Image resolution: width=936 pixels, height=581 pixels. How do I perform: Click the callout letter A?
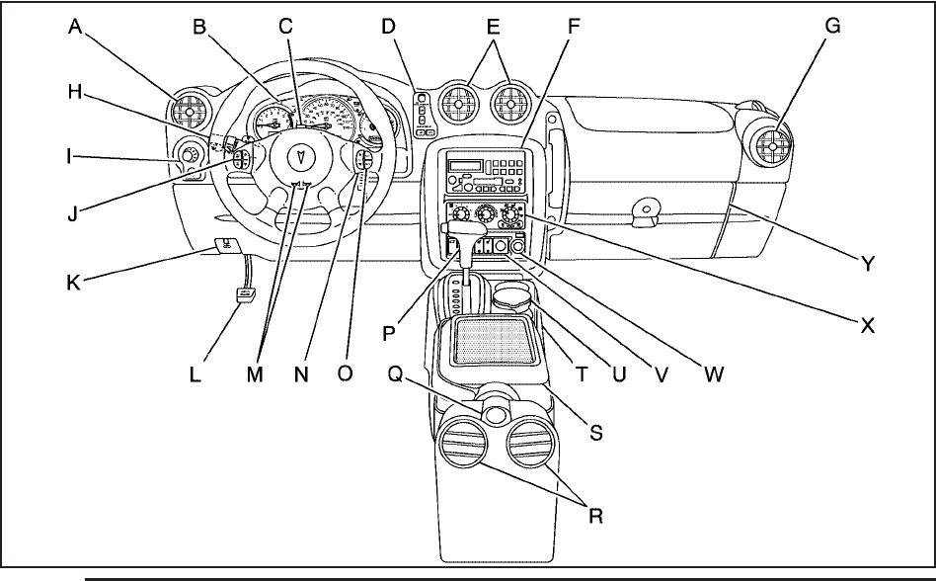point(75,27)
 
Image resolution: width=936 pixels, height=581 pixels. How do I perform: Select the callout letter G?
point(832,26)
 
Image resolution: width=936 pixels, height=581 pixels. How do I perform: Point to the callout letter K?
point(73,283)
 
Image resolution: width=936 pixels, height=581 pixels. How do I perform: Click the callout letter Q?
point(396,373)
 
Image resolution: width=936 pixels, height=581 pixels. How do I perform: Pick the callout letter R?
point(595,516)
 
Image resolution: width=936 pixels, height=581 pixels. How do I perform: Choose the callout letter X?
point(867,325)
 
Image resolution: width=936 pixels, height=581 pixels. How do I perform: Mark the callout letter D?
point(388,27)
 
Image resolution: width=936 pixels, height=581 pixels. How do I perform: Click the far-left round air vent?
point(190,112)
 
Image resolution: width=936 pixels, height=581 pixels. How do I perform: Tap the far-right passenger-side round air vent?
point(772,146)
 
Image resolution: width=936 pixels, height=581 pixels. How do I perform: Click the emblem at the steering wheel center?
point(300,156)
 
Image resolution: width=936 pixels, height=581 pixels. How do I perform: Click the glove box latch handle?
point(645,213)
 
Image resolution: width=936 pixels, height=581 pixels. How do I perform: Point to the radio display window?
point(464,165)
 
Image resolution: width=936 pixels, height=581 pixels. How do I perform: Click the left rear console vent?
point(461,442)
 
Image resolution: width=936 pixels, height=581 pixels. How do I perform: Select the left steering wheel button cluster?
point(241,159)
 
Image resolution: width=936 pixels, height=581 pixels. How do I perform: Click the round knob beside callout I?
point(188,156)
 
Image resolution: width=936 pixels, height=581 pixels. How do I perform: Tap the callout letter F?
point(573,27)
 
